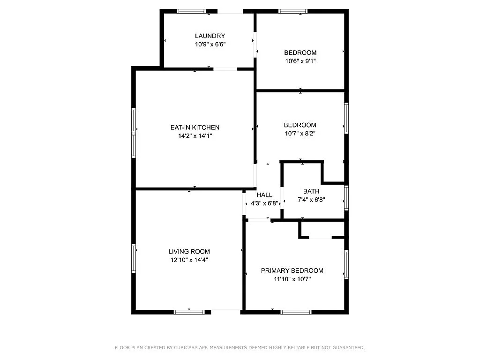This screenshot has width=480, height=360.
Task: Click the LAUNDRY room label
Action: tap(210, 36)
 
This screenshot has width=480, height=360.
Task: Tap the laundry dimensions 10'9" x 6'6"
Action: tap(210, 45)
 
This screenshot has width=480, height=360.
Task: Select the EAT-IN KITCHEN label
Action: tap(195, 127)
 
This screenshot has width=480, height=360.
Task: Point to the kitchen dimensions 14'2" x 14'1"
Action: tap(195, 136)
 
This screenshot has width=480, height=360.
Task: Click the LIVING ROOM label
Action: tap(189, 252)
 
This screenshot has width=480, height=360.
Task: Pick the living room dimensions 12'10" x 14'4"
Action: tap(189, 260)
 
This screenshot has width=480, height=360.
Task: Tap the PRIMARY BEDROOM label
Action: tap(292, 270)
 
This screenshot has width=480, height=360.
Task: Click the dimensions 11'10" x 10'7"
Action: tap(292, 279)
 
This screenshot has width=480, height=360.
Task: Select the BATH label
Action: tap(311, 191)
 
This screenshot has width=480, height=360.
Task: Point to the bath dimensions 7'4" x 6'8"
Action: tap(311, 200)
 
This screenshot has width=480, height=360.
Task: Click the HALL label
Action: tap(264, 195)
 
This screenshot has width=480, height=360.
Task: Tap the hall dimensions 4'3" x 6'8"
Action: tap(264, 203)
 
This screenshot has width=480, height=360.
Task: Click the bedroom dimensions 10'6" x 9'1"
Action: tap(300, 61)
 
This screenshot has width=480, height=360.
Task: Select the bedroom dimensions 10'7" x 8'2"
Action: tap(300, 134)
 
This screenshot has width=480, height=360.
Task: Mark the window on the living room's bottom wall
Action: tap(189, 312)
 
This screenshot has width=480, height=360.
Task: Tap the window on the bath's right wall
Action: tap(346, 197)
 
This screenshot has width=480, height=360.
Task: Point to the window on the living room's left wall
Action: tap(134, 258)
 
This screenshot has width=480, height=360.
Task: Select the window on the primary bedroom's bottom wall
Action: tap(296, 312)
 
